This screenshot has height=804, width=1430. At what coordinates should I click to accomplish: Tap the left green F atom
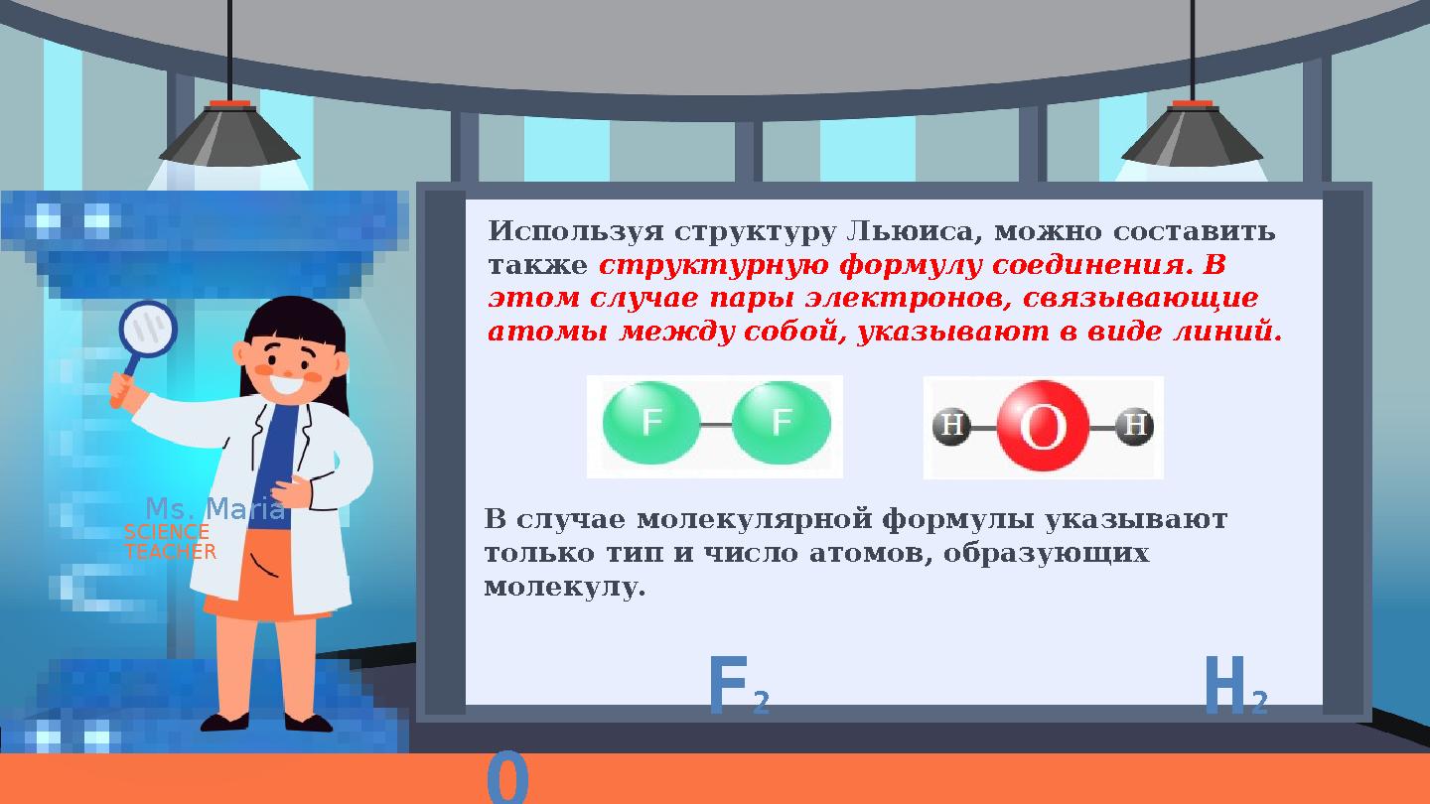(650, 425)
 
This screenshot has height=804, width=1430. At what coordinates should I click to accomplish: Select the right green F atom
(782, 425)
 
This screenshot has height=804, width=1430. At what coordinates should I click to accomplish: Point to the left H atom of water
(950, 427)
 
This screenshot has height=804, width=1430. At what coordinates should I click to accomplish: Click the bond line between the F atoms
(716, 425)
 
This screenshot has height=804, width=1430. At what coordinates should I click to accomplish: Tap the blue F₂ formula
(738, 688)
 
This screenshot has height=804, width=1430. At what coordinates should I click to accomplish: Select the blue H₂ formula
(1234, 688)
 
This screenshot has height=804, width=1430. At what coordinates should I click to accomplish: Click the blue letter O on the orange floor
(507, 780)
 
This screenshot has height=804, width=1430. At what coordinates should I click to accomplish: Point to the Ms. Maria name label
(214, 510)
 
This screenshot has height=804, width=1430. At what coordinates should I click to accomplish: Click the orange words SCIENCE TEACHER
(169, 542)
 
